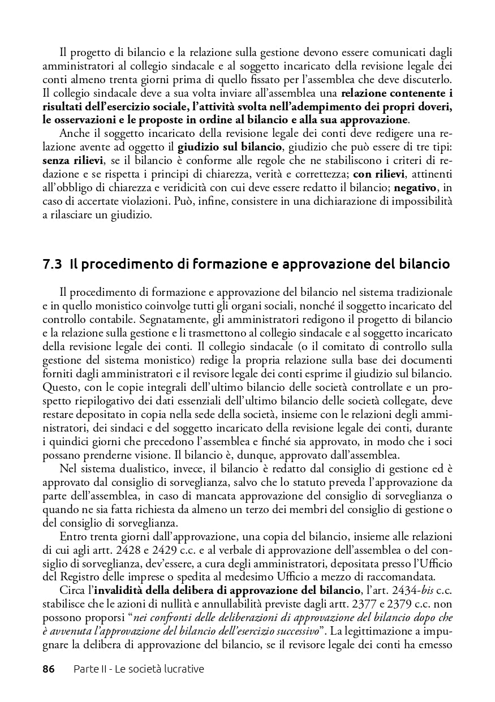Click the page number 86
tap(49, 669)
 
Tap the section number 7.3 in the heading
tap(52, 264)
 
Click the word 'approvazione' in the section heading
tap(326, 264)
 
